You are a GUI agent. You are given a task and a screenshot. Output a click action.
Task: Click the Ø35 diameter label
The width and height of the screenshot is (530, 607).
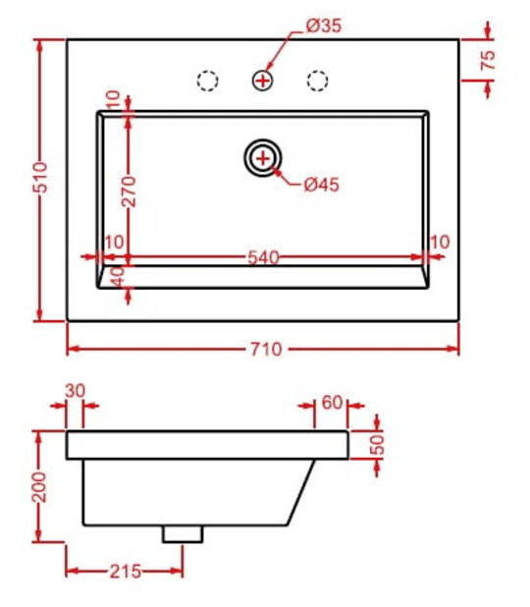point(324,26)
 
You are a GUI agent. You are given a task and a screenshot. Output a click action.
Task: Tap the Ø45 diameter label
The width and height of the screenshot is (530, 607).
point(322,185)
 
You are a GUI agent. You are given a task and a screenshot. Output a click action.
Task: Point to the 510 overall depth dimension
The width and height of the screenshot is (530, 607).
point(40,178)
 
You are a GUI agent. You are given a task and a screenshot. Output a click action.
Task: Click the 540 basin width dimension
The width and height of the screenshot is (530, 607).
point(263,257)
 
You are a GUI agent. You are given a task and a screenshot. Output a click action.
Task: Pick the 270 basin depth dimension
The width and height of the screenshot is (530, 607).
point(129,192)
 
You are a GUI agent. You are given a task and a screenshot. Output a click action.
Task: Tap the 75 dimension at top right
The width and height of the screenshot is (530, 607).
point(488,60)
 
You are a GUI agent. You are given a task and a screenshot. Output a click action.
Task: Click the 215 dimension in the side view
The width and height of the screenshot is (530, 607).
point(126,572)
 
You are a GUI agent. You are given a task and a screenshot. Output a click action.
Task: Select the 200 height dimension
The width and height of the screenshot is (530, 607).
point(39,486)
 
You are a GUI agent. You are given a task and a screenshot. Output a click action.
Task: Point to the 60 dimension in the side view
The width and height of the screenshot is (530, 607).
point(332,403)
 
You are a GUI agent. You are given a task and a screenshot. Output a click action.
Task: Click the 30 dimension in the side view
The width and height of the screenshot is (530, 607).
point(75,391)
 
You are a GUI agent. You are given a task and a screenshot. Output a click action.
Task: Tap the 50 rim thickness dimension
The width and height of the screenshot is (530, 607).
point(377,445)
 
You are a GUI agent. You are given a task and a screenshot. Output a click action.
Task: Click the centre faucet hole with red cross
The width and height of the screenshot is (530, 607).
point(263,81)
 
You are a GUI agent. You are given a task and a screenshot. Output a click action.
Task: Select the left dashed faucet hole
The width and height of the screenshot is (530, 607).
point(208,81)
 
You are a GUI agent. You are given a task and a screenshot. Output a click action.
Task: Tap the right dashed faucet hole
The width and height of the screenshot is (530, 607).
point(318,81)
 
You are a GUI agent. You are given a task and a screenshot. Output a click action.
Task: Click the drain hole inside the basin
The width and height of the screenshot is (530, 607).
point(263,158)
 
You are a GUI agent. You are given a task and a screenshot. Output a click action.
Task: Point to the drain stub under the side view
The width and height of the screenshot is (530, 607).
point(183,533)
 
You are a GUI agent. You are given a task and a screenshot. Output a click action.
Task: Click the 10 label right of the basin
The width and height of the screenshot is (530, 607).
point(440,243)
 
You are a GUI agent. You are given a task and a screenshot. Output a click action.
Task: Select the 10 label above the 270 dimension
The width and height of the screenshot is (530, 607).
point(113,100)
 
